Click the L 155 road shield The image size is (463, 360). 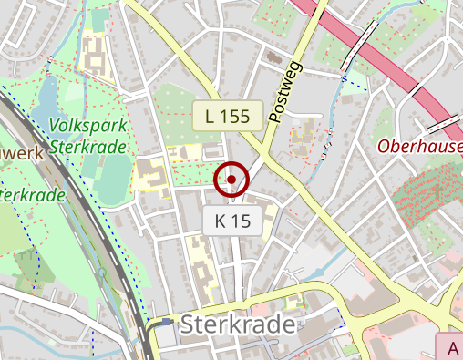click(227, 115)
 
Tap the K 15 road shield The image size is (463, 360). click(232, 220)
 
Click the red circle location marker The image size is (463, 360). click(231, 180)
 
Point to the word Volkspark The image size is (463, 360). click(88, 125)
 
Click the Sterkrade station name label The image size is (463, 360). click(239, 325)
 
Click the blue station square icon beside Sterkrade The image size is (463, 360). click(166, 332)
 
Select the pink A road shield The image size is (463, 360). click(452, 347)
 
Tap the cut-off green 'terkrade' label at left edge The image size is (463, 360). click(32, 195)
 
